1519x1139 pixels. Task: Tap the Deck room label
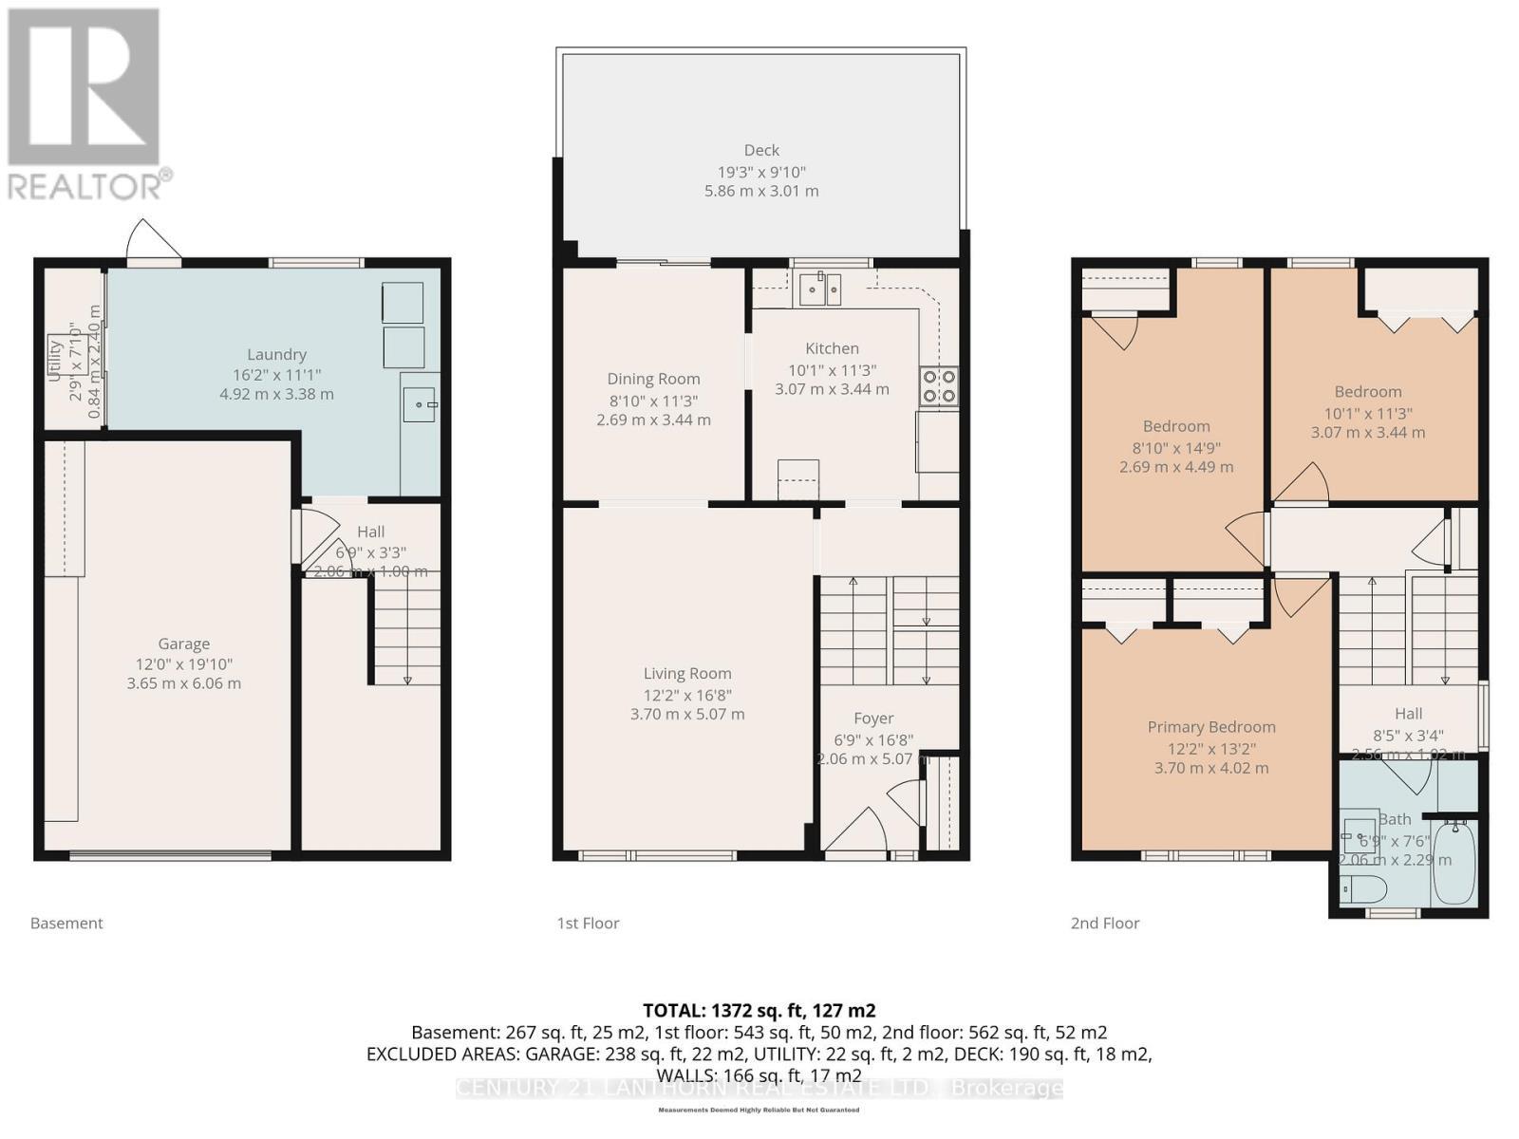761,150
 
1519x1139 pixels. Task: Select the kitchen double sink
820,289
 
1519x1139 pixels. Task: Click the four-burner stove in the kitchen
938,387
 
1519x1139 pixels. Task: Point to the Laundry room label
276,354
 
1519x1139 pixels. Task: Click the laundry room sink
419,404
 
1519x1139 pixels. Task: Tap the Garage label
183,644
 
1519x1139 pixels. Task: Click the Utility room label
55,361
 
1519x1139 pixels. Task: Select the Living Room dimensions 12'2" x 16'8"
687,695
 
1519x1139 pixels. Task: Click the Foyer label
873,719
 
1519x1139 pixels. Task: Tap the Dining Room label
653,379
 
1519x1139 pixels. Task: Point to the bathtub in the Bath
1453,865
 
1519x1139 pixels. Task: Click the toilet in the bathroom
1363,889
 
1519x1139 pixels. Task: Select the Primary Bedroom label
1211,727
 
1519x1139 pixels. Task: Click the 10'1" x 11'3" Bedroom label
1368,391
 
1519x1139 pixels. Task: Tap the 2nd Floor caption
1105,923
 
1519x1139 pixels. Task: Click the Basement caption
66,923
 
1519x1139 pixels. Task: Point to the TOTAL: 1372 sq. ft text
759,1010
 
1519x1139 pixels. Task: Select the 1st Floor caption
588,923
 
